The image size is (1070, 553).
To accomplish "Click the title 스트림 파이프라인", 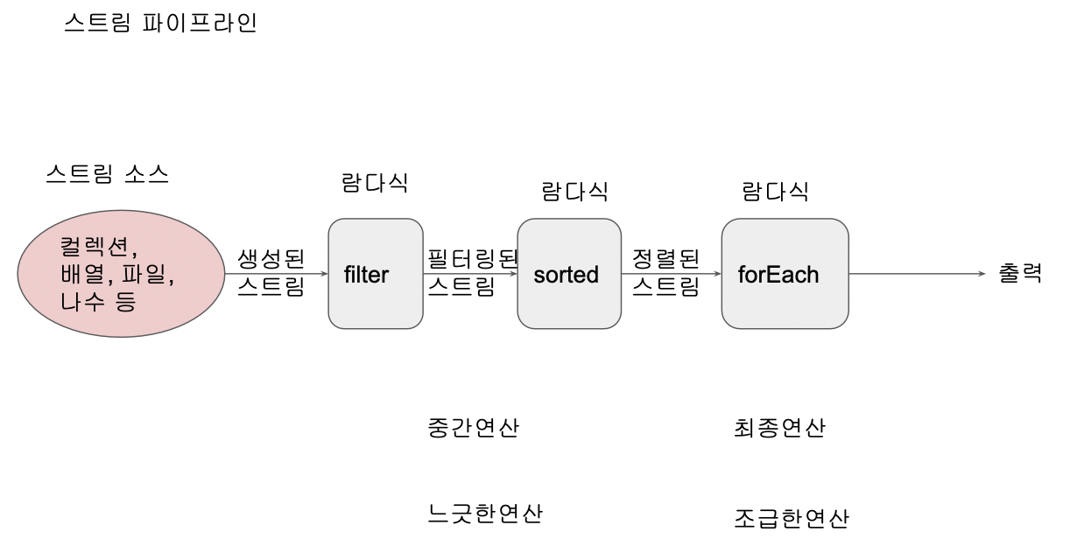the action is coord(160,23).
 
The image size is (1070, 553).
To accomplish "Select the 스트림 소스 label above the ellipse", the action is coord(107,174).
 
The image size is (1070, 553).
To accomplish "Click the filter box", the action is coord(376,274).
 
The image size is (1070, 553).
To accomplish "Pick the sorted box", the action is coord(566,274).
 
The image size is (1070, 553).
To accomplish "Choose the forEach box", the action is coord(785,274).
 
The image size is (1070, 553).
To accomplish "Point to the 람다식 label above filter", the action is coord(375,183).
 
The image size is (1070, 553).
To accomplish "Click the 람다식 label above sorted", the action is coord(574,192).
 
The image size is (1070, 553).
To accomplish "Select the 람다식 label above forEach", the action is coord(775,192).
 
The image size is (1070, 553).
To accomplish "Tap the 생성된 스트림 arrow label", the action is coord(271,272).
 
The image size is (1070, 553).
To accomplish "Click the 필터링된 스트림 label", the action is coord(472,272).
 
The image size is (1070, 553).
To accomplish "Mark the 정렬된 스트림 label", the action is coord(666,272).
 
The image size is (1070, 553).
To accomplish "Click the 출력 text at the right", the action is coord(1020,273).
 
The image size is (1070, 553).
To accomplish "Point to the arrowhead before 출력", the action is coord(982,274).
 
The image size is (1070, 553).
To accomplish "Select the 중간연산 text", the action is coord(473,428).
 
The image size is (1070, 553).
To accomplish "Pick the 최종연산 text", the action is coord(779,428).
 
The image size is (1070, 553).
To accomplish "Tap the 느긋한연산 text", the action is coord(484,514).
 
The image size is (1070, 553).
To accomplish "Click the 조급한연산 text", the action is coord(791,518).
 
